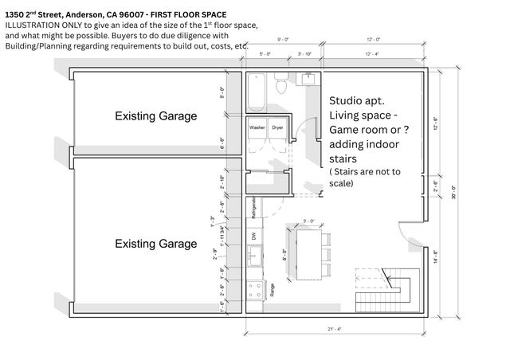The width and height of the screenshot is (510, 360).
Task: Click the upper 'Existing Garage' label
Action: (155, 116)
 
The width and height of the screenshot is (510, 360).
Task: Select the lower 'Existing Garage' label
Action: (155, 243)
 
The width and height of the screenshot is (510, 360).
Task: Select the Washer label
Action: (257, 127)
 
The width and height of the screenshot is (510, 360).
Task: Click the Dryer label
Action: (277, 127)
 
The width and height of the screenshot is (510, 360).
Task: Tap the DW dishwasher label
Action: (253, 237)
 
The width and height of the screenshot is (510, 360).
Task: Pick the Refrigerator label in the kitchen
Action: (253, 208)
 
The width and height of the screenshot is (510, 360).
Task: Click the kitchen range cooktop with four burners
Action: (255, 292)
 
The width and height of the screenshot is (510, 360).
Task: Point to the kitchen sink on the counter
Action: (255, 257)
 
